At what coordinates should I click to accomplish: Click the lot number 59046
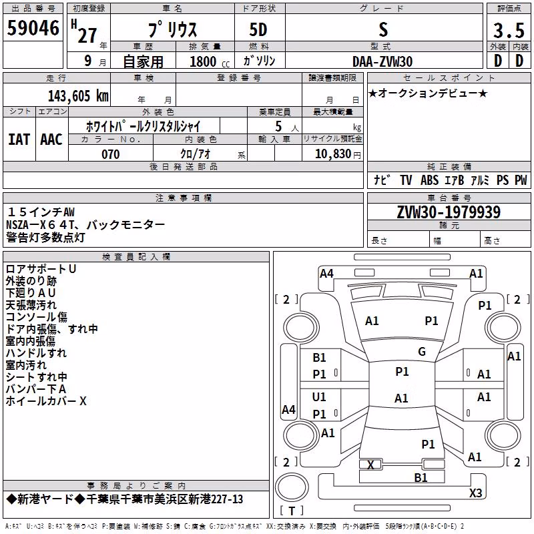pyautogui.click(x=33, y=28)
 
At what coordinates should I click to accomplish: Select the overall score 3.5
pyautogui.click(x=509, y=30)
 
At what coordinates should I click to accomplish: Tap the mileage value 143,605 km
pyautogui.click(x=78, y=96)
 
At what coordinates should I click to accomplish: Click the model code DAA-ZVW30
pyautogui.click(x=382, y=61)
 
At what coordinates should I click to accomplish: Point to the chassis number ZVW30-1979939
pyautogui.click(x=449, y=212)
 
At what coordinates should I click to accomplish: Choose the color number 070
pyautogui.click(x=111, y=154)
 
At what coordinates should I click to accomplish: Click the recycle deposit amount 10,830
pyautogui.click(x=333, y=154)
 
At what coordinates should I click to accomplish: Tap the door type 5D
pyautogui.click(x=258, y=30)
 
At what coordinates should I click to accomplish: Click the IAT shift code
pyautogui.click(x=19, y=140)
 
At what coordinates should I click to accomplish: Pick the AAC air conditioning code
pyautogui.click(x=51, y=140)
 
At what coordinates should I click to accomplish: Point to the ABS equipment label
pyautogui.click(x=429, y=180)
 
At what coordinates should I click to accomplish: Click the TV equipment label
pyautogui.click(x=406, y=180)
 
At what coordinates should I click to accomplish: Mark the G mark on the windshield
pyautogui.click(x=422, y=352)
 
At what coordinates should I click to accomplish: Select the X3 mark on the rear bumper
pyautogui.click(x=475, y=493)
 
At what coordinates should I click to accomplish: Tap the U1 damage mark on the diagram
pyautogui.click(x=319, y=396)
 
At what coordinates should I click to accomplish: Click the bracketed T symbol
pyautogui.click(x=292, y=511)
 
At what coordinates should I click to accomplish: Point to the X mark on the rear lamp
pyautogui.click(x=370, y=465)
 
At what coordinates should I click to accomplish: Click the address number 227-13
pyautogui.click(x=227, y=499)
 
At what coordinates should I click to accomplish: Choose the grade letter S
pyautogui.click(x=383, y=29)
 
